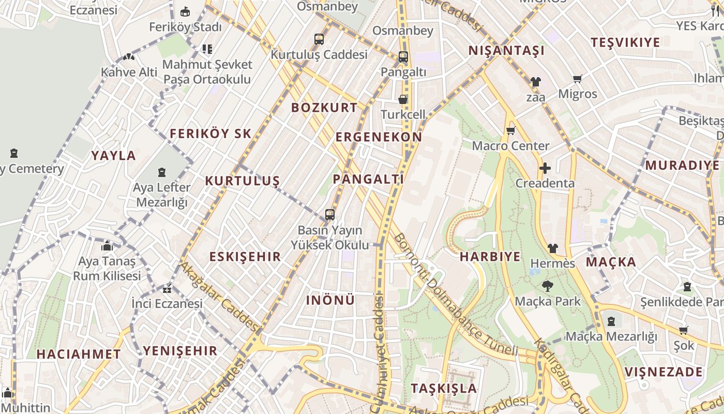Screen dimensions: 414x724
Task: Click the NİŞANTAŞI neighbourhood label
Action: coord(506,51)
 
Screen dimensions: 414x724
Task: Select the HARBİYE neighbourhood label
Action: coord(490,257)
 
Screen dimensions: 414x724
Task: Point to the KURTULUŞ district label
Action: coord(243,181)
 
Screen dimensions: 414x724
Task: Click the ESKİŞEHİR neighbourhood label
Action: coord(245,257)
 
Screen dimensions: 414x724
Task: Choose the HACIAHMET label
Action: coord(79,354)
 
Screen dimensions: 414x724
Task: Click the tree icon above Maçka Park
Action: coord(547,286)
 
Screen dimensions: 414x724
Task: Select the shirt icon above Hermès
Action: coord(552,248)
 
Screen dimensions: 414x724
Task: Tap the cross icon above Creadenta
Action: coord(545,168)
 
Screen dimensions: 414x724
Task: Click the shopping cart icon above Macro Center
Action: coord(510,131)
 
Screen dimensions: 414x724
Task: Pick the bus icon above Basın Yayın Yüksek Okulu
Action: coord(329,214)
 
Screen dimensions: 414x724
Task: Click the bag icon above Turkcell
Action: coord(402,99)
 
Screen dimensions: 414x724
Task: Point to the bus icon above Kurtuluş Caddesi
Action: coord(319,39)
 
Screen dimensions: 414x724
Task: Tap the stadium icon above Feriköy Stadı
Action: coord(185,11)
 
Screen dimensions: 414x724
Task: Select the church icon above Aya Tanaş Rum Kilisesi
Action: coord(107,246)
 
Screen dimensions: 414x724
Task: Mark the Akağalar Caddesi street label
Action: coord(219,297)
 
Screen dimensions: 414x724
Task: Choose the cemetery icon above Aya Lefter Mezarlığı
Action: coord(162,172)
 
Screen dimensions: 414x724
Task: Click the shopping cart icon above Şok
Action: coord(683,330)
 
